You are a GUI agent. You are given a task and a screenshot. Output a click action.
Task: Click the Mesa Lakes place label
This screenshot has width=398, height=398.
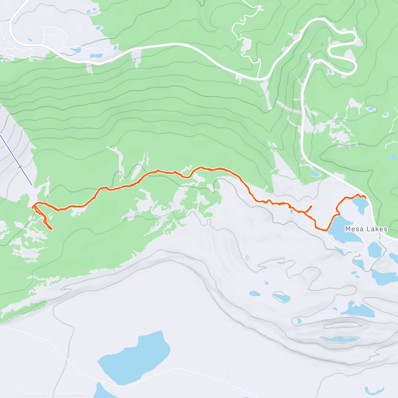[x=366, y=229]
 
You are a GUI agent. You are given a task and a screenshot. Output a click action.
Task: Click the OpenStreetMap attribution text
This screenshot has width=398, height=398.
[x=69, y=394]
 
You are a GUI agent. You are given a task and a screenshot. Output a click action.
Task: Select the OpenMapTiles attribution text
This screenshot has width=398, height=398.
[x=34, y=394]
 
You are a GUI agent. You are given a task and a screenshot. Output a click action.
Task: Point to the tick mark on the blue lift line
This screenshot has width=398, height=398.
[x=21, y=167]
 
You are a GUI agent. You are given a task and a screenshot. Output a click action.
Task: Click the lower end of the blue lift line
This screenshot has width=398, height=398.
[x=32, y=184]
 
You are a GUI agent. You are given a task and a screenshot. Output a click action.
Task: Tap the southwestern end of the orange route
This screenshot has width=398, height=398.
[x=51, y=229]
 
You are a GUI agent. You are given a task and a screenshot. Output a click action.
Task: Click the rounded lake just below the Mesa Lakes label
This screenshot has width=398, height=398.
[x=374, y=249]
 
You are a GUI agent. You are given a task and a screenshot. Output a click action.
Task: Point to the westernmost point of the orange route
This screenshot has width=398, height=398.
[x=33, y=207]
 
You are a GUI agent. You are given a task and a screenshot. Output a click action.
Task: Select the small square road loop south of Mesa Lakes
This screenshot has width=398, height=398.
[x=366, y=265]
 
